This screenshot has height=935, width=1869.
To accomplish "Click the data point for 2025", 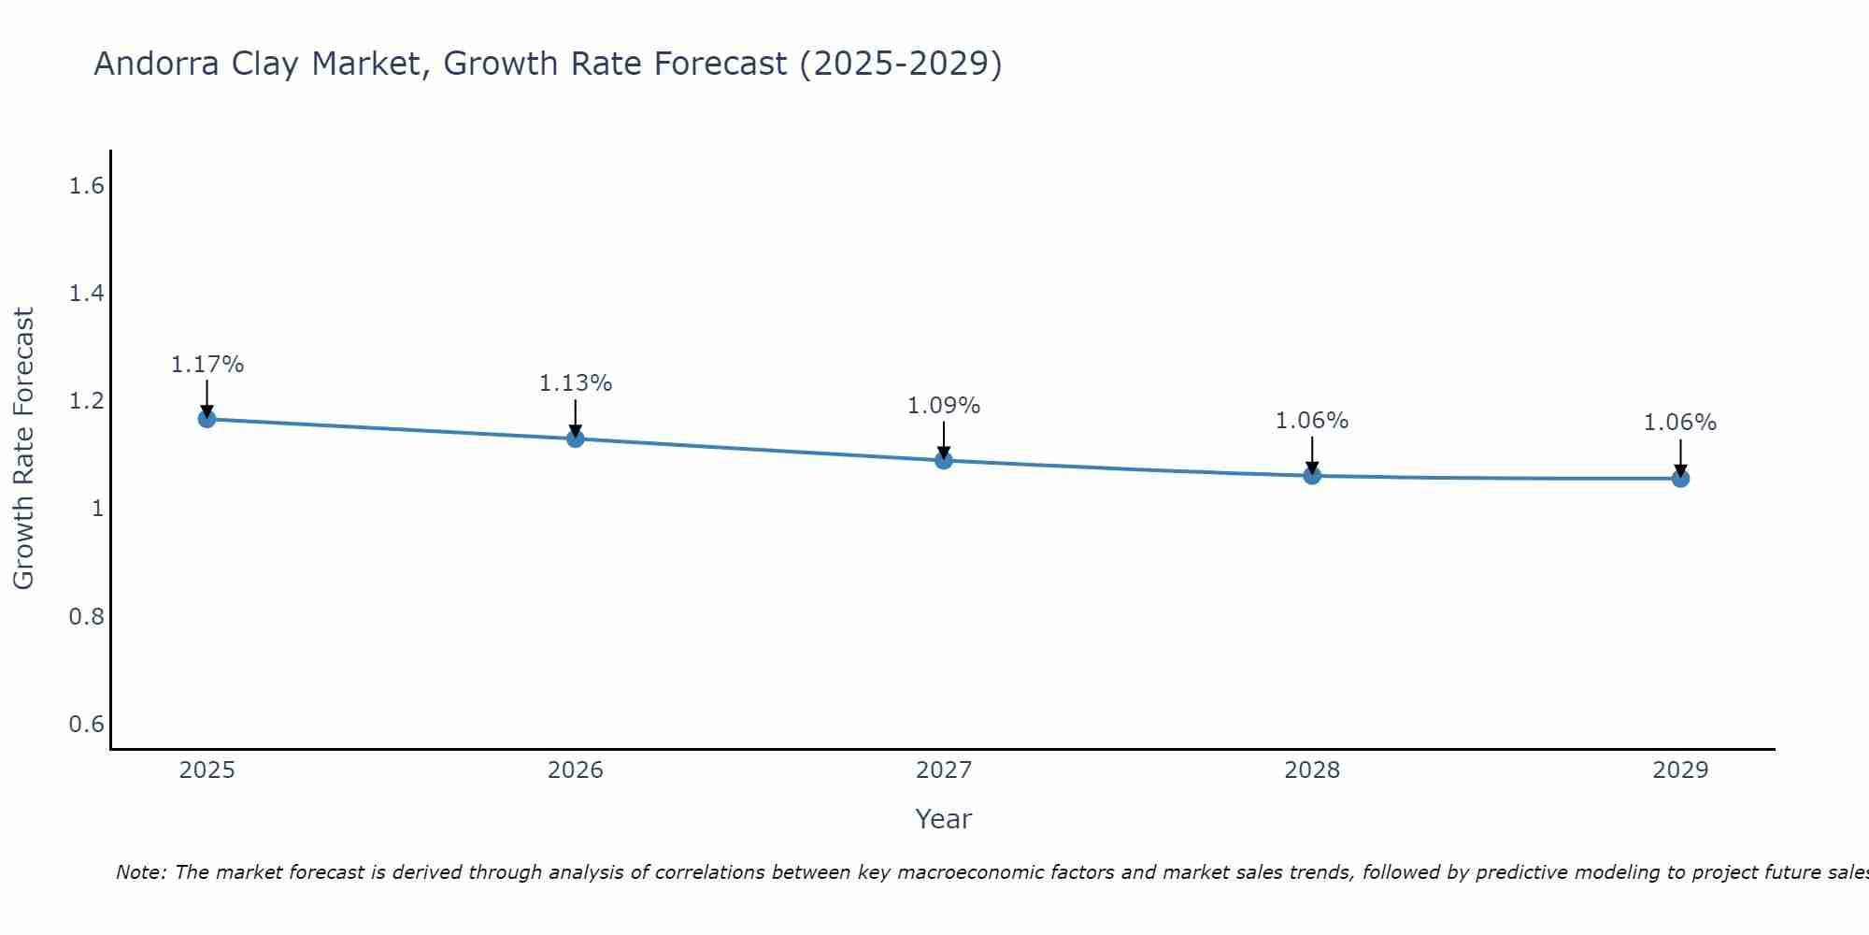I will [207, 419].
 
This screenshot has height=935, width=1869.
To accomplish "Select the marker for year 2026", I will [576, 439].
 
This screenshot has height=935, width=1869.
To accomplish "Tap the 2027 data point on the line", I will [944, 460].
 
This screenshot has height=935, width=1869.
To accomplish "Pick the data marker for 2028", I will [1312, 476].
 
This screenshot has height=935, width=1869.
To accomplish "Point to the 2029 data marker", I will [1680, 479].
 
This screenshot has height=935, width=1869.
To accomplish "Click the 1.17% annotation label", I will [207, 365].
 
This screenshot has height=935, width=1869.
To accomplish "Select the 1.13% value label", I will [576, 383].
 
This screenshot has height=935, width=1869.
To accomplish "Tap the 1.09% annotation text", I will [944, 406].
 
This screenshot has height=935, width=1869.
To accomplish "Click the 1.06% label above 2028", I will [1312, 421].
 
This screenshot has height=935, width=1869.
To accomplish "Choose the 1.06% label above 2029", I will [1680, 423].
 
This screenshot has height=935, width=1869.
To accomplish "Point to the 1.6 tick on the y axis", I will [86, 186].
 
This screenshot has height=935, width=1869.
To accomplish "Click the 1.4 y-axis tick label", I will [86, 294].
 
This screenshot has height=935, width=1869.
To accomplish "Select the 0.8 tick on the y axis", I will [86, 616].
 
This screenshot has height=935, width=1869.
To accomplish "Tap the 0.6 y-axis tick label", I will [86, 725].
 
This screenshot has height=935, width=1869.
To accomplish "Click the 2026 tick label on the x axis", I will [576, 770].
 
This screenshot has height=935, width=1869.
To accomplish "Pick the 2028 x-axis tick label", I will [1312, 770].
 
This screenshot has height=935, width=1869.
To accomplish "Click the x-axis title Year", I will [944, 819].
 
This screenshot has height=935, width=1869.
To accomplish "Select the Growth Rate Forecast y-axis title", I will [23, 449].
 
